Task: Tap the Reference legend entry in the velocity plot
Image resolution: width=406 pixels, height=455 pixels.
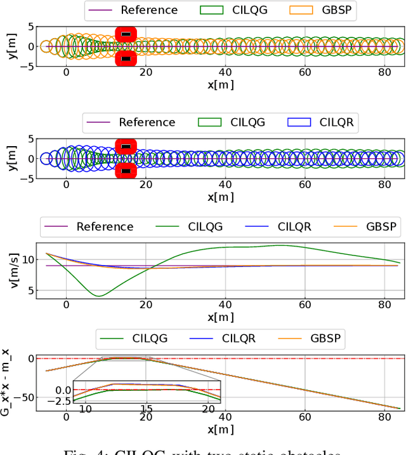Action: (89, 226)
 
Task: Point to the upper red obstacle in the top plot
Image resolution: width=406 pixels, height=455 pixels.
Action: (126, 34)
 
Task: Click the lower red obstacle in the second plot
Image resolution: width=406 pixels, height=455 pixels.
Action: (126, 170)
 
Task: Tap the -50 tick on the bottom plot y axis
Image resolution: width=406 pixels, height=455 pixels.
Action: (29, 397)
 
